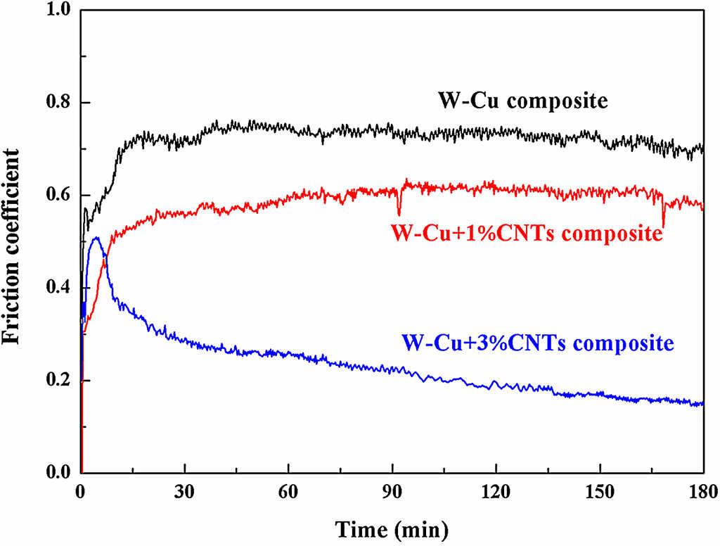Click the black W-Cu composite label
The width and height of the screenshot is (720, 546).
tap(522, 101)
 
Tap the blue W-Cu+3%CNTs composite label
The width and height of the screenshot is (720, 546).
tap(538, 344)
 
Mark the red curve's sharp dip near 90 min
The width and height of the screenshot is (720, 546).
tap(399, 213)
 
